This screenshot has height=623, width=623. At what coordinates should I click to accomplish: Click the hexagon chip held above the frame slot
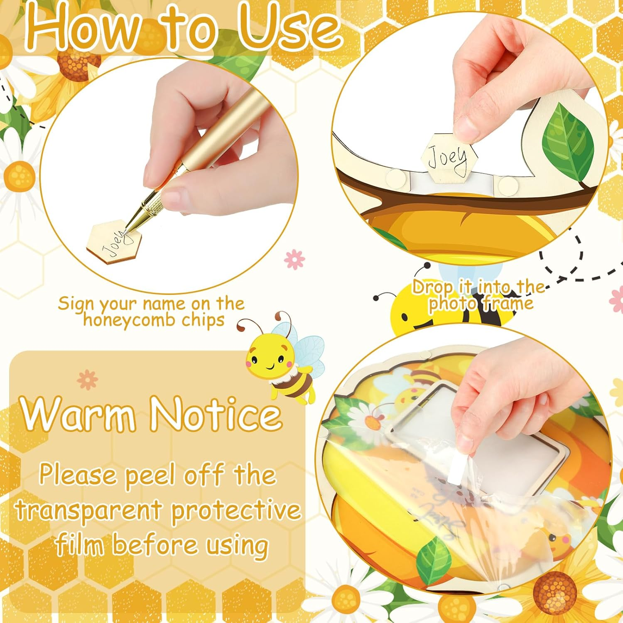pos(449,157)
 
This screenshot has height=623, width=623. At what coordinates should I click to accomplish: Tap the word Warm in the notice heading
pos(79,415)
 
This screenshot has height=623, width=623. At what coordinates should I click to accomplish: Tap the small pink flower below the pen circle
pos(295,259)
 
